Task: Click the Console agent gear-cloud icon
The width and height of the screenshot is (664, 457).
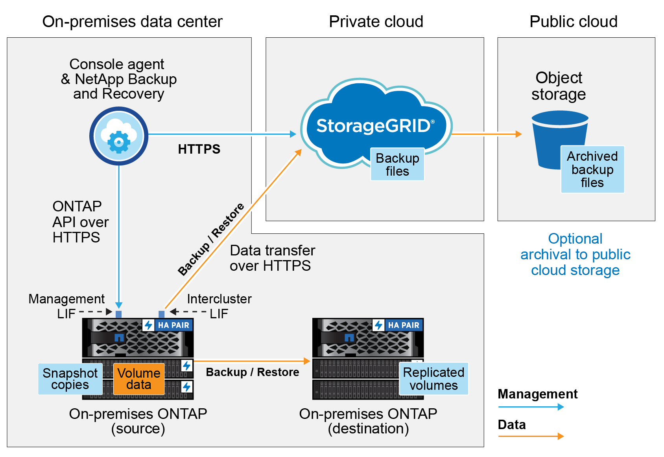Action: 119,136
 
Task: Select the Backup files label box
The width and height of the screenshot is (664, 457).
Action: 397,164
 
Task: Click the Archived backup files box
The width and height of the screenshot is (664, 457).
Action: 592,169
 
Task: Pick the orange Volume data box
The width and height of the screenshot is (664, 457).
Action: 139,379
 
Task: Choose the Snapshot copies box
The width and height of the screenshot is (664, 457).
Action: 70,379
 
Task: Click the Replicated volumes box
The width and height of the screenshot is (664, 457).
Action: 433,379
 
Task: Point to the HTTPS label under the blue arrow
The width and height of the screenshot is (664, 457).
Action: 199,149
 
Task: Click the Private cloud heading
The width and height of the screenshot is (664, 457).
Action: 376,22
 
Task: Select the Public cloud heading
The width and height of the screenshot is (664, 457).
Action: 574,22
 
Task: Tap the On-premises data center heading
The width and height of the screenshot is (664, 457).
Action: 132,22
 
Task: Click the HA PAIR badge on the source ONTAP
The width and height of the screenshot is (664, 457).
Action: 168,325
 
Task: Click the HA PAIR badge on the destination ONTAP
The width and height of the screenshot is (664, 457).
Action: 398,325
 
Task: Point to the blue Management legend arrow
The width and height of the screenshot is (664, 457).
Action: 531,407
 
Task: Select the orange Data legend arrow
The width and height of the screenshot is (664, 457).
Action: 531,436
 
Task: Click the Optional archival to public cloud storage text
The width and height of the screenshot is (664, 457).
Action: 575,255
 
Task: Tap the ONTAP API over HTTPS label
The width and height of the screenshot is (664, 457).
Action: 80,222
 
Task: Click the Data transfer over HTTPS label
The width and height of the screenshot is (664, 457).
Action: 272,258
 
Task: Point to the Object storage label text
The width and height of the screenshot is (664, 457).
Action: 559,86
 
